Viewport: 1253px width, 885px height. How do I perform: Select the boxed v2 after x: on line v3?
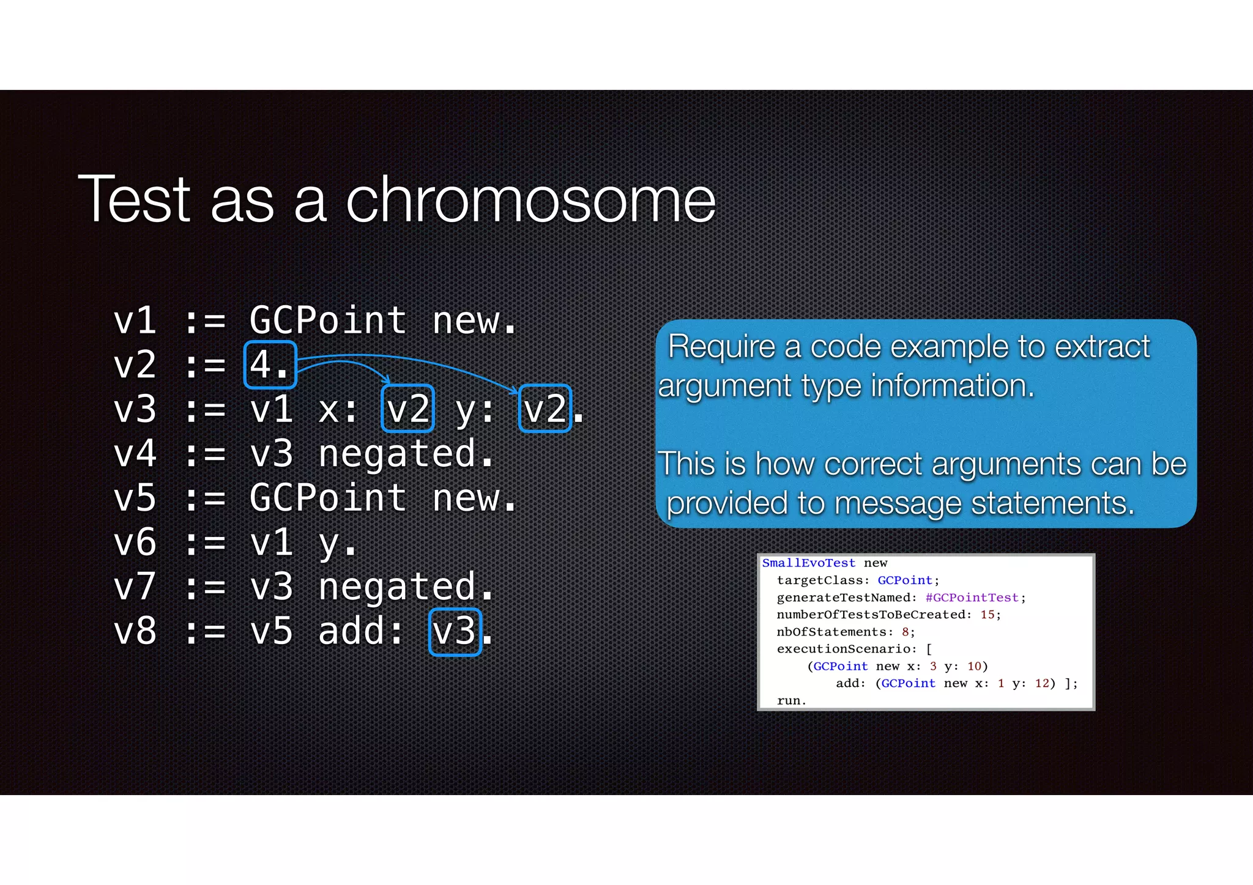pos(407,409)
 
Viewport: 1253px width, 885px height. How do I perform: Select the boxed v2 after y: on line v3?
pos(545,409)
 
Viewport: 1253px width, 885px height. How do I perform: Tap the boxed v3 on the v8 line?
pos(455,632)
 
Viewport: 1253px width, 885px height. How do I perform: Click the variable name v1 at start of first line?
pos(135,320)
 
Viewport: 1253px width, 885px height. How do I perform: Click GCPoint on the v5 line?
pos(328,498)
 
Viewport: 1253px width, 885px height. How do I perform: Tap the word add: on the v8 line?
pos(361,632)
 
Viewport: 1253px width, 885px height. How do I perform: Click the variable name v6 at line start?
pos(135,542)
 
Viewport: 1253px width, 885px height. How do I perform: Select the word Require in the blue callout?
pos(721,347)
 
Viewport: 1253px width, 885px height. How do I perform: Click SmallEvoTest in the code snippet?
pos(808,563)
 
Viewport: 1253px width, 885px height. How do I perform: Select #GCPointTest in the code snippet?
pos(972,598)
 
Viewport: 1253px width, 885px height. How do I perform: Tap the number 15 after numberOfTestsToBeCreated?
pos(987,615)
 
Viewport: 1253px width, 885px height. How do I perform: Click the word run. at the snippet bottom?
pos(791,701)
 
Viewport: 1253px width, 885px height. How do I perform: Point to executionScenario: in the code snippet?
pos(847,649)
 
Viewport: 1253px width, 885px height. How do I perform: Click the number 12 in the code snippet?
pos(1042,683)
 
